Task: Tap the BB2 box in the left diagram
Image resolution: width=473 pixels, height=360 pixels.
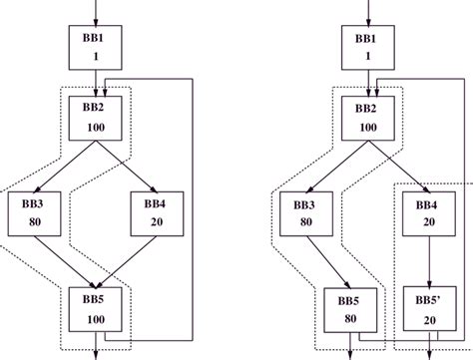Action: pos(96,119)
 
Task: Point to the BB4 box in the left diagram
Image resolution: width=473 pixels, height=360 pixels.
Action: pos(155,213)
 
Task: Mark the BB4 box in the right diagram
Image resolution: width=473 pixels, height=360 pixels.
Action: pos(429,213)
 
